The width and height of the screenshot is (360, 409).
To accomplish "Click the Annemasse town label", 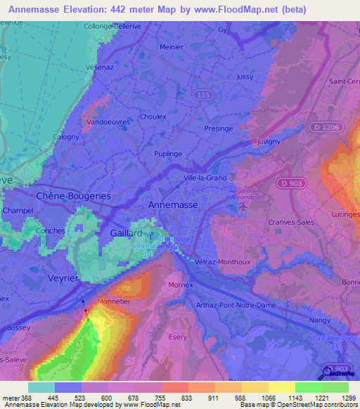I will point(174,204).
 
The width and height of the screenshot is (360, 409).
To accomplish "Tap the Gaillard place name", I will point(127,233).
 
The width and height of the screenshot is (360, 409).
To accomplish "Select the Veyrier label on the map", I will point(63,278).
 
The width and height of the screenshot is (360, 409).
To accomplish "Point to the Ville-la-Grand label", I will point(205,178).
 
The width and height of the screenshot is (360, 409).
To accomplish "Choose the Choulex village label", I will point(153,117).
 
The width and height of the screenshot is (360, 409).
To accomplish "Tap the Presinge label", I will point(218,129).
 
